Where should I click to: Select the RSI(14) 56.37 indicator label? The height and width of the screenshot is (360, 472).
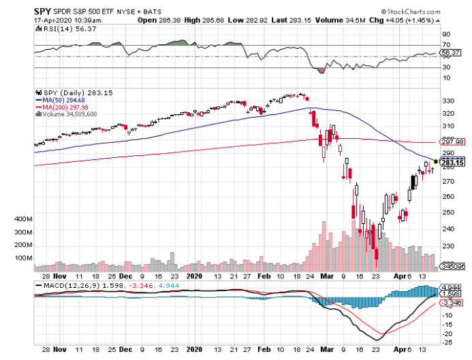(x=62, y=29)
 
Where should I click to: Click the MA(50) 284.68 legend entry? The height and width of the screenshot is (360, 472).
(x=65, y=101)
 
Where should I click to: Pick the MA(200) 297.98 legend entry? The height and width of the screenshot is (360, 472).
(x=67, y=108)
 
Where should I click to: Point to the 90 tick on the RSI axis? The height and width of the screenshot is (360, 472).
(x=446, y=33)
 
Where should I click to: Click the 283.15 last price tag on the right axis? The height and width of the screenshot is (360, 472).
(x=452, y=163)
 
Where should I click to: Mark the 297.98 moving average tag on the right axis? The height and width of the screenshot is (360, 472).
(x=452, y=142)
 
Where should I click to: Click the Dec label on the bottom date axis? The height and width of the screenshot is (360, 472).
(x=125, y=276)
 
